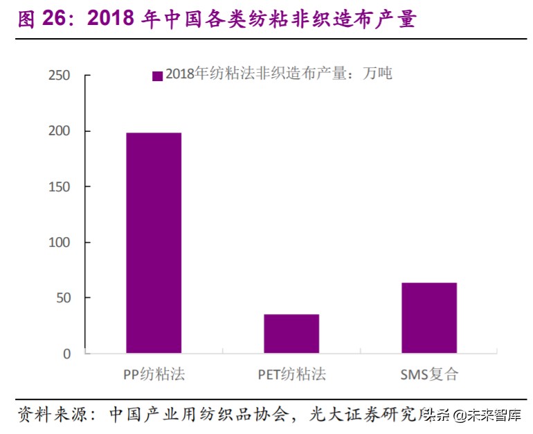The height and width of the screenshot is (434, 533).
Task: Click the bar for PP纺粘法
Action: (x=154, y=243)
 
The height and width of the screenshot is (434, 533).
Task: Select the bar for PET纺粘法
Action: (x=291, y=333)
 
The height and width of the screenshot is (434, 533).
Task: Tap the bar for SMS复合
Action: (x=429, y=318)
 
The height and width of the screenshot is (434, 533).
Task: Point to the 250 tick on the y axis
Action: (x=60, y=76)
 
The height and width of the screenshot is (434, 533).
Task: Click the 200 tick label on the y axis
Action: (x=60, y=131)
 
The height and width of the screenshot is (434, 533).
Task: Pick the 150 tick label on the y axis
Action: (x=60, y=186)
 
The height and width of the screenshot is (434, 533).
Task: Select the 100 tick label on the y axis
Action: (x=60, y=243)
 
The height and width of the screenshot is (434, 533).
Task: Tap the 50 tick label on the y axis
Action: (x=63, y=298)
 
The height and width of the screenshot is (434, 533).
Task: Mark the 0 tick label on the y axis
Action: (x=67, y=354)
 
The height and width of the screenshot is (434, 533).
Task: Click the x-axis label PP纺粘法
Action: (x=154, y=375)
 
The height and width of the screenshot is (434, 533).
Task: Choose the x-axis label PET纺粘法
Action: (x=291, y=375)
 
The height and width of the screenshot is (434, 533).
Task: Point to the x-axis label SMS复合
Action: (x=429, y=375)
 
